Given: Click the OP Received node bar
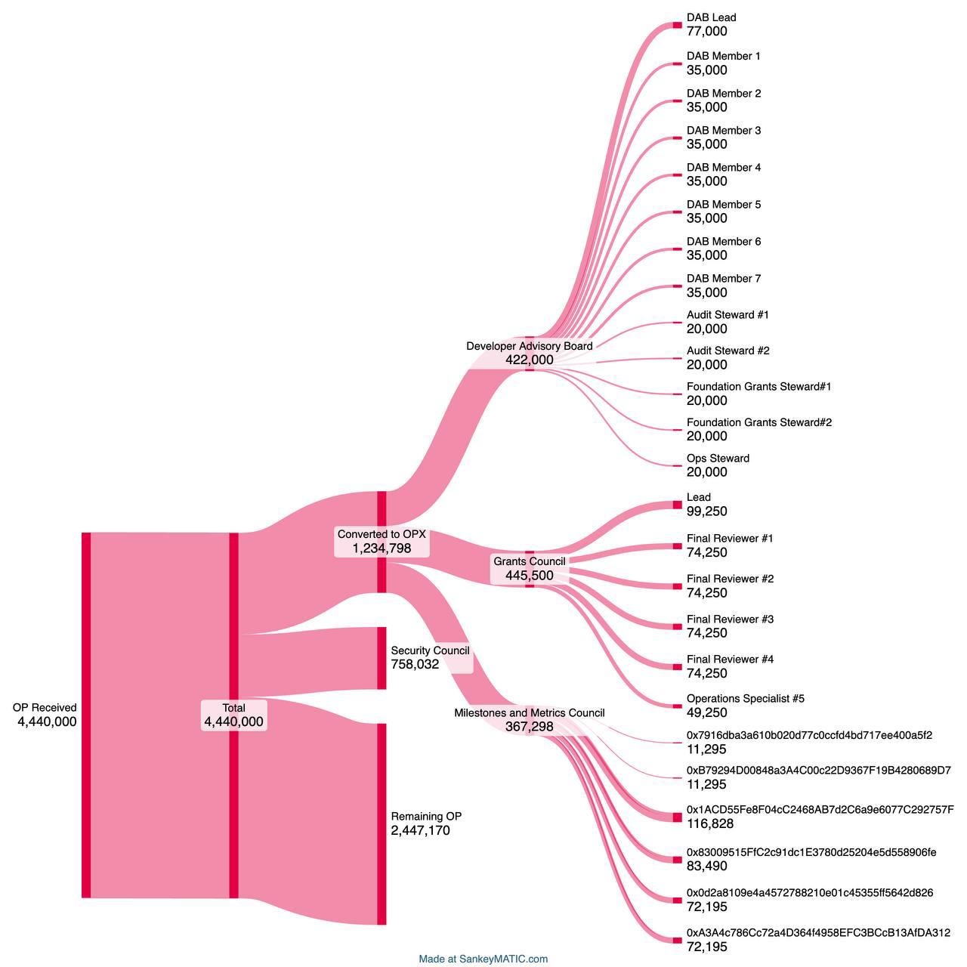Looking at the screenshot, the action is coord(86,715).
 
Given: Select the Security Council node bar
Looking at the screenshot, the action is coord(382,658).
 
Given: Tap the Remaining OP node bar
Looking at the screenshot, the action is coord(382,823).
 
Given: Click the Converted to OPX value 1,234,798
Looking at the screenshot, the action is coord(382,548).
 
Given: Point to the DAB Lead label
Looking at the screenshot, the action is coord(711,17).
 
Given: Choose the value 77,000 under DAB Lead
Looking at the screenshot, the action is coord(706,32).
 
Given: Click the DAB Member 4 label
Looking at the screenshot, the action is coord(724,168).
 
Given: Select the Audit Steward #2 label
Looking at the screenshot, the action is coord(728,351).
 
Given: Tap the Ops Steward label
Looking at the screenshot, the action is coord(718,459).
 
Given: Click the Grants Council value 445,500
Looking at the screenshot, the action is coord(530,576).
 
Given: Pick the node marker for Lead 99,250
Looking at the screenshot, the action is coord(678,505).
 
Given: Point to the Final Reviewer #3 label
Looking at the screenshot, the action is coord(730,619).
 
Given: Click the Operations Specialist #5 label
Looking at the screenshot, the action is coord(745,699).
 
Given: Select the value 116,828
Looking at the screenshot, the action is coord(710,823).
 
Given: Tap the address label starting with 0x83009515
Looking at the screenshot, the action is coord(811,852).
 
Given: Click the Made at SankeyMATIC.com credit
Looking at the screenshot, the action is coord(483,959).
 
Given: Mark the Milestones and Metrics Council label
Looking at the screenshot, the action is coord(530,712).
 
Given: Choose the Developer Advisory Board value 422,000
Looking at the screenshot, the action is coord(530,360).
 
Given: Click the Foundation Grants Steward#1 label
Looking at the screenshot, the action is coord(758,386).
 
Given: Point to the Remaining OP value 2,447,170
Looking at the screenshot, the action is coord(421,830).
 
